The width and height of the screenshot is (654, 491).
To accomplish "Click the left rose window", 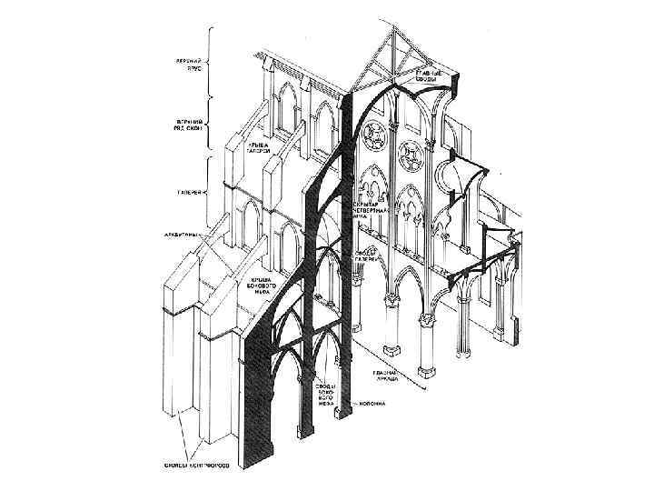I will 372,136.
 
